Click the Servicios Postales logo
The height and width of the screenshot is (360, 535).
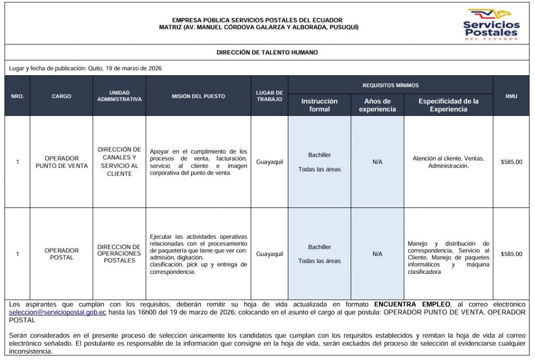point(491,24)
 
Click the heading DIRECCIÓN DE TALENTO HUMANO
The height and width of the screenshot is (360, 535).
point(267,52)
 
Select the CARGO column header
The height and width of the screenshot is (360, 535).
point(62,96)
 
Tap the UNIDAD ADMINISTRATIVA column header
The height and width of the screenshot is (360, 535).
point(119,96)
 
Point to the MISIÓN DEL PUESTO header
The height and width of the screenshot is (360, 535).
point(199,96)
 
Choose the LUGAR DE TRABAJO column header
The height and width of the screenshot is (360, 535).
point(269,96)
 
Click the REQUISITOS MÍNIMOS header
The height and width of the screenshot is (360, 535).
point(390,85)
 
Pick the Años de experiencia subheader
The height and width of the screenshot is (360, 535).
point(377,105)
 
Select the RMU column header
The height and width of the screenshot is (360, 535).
point(511,96)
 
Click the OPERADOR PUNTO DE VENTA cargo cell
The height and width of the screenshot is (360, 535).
point(62,162)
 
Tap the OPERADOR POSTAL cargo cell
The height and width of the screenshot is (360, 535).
point(62,254)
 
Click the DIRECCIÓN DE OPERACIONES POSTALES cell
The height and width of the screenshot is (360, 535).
point(119,253)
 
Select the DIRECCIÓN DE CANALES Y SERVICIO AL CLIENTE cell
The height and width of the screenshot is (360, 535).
point(119,161)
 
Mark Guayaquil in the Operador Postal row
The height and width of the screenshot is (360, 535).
point(270,254)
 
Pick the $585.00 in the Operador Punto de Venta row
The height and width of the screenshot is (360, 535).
point(511,162)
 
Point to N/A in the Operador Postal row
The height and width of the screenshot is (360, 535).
point(377,254)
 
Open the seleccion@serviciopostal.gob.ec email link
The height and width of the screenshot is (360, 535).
point(58,312)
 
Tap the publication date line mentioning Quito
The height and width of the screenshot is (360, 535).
point(89,68)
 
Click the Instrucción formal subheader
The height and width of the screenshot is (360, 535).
point(319,105)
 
